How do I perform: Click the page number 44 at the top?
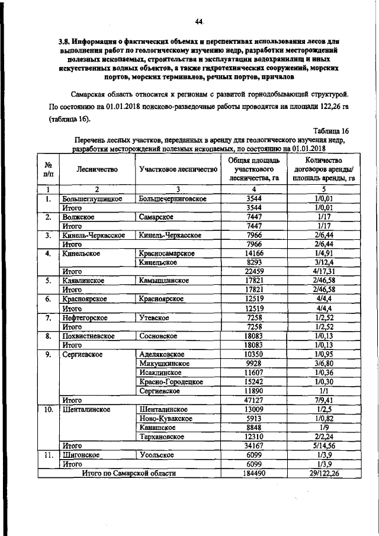tap(198, 23)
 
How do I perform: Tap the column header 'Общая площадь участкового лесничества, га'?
tap(253, 169)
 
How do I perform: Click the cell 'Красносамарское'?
tap(168, 253)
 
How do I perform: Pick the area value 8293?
tap(253, 262)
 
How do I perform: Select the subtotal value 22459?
tap(253, 271)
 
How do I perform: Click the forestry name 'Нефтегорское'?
tap(85, 317)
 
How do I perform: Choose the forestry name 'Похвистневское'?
tap(88, 336)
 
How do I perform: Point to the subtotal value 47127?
tap(253, 400)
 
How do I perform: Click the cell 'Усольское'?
tap(157, 455)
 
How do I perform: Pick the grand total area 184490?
tap(253, 473)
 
